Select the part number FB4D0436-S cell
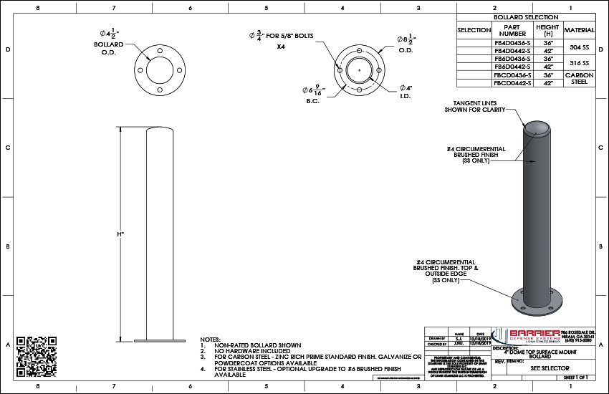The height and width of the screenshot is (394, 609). coord(512,43)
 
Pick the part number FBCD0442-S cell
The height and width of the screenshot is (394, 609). coord(512,83)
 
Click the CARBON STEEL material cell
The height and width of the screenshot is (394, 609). coord(579,78)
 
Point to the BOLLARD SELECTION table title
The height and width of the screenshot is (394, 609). coord(525,16)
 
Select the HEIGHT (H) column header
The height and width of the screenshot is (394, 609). coord(547,30)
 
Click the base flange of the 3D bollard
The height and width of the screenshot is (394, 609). coord(537,304)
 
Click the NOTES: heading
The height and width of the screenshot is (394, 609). coord(211,339)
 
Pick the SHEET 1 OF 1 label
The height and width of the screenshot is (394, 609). coord(577,376)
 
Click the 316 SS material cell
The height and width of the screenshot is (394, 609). coord(579,63)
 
